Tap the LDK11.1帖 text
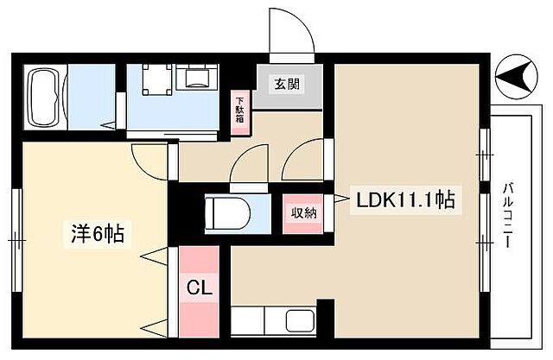[406, 200]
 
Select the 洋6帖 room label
[95, 233]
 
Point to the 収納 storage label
[302, 213]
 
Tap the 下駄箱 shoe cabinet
[241, 112]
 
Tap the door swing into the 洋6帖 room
[149, 157]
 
